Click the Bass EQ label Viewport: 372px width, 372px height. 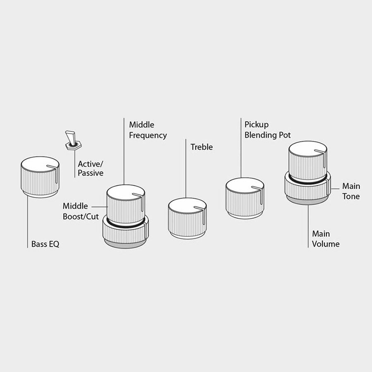pos(45,244)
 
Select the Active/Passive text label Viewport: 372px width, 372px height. pos(90,168)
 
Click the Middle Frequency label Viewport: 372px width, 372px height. pos(148,130)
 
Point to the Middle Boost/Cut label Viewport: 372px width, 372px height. pos(81,211)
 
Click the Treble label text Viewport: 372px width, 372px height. pos(202,147)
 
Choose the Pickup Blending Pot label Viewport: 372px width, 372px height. pos(268,130)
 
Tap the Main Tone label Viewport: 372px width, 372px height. pos(351,191)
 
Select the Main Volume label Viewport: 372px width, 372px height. pos(326,239)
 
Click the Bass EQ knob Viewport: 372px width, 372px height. pos(40,177)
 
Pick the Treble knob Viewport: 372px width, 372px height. pos(187,218)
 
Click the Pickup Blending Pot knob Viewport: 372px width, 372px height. pos(245,198)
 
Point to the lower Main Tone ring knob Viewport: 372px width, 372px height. pos(308,191)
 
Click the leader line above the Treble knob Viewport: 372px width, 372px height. pos(186,168)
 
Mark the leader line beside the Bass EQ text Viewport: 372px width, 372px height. pos(28,222)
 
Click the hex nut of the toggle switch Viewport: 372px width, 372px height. pos(74,146)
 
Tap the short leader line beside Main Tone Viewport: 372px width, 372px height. pos(335,189)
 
